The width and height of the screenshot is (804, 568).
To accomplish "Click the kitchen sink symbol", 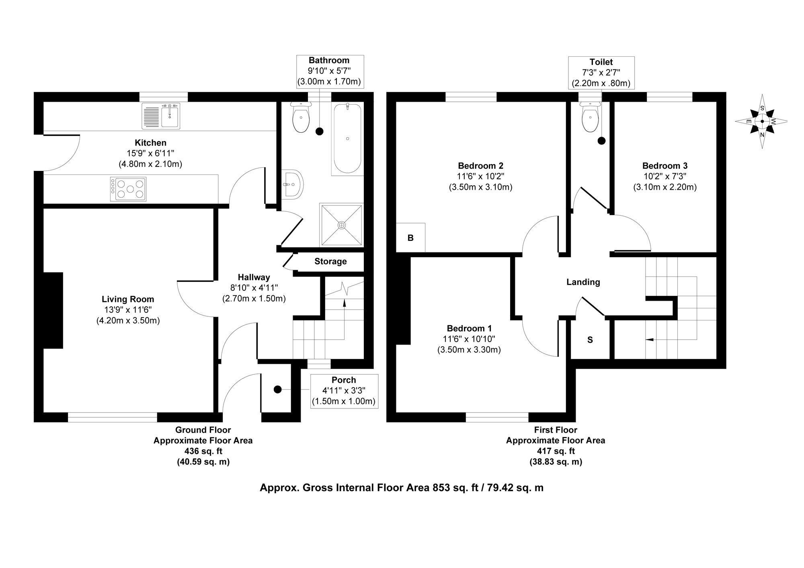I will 161,116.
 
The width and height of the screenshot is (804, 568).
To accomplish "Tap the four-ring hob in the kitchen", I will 128,189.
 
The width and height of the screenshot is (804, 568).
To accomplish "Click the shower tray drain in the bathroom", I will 341,225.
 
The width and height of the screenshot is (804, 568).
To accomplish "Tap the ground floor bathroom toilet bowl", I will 301,119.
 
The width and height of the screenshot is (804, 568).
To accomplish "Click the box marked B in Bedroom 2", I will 410,238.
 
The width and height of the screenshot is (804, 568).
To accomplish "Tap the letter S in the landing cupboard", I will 590,340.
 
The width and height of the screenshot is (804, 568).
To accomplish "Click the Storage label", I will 330,262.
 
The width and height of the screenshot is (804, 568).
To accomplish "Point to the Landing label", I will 583,282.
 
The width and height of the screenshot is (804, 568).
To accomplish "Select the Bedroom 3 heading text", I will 665,166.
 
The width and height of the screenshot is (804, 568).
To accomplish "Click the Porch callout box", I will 344,391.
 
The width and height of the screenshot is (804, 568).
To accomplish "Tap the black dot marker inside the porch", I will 277,390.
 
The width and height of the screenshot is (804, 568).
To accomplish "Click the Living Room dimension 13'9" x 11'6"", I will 128,310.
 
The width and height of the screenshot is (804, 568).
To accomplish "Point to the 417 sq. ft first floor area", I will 555,451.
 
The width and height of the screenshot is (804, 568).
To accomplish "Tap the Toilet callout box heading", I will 601,62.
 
